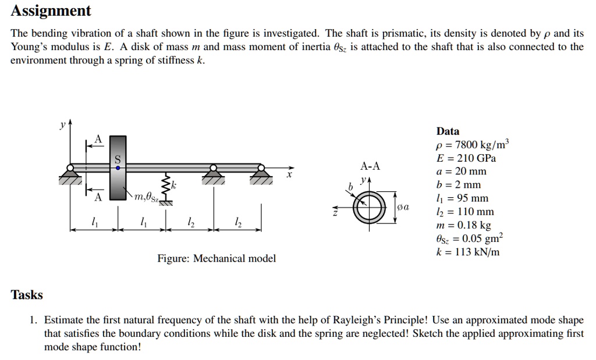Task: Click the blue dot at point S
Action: click(118, 167)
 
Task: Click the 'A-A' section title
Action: click(370, 166)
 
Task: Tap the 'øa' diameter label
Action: click(403, 207)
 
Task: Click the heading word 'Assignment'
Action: click(51, 10)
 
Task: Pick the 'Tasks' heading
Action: click(27, 295)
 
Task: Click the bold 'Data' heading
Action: click(448, 131)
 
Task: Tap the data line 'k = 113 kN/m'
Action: click(468, 252)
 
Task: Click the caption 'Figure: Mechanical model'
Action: click(217, 258)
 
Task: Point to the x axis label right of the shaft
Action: click(288, 173)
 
